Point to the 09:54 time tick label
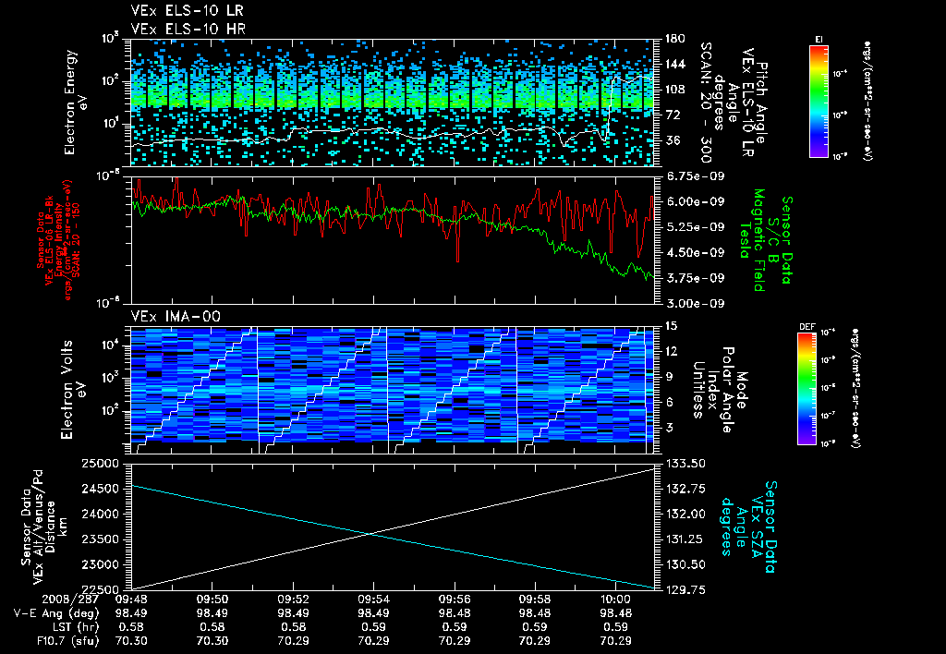click(372, 599)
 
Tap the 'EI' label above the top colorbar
click(819, 38)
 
